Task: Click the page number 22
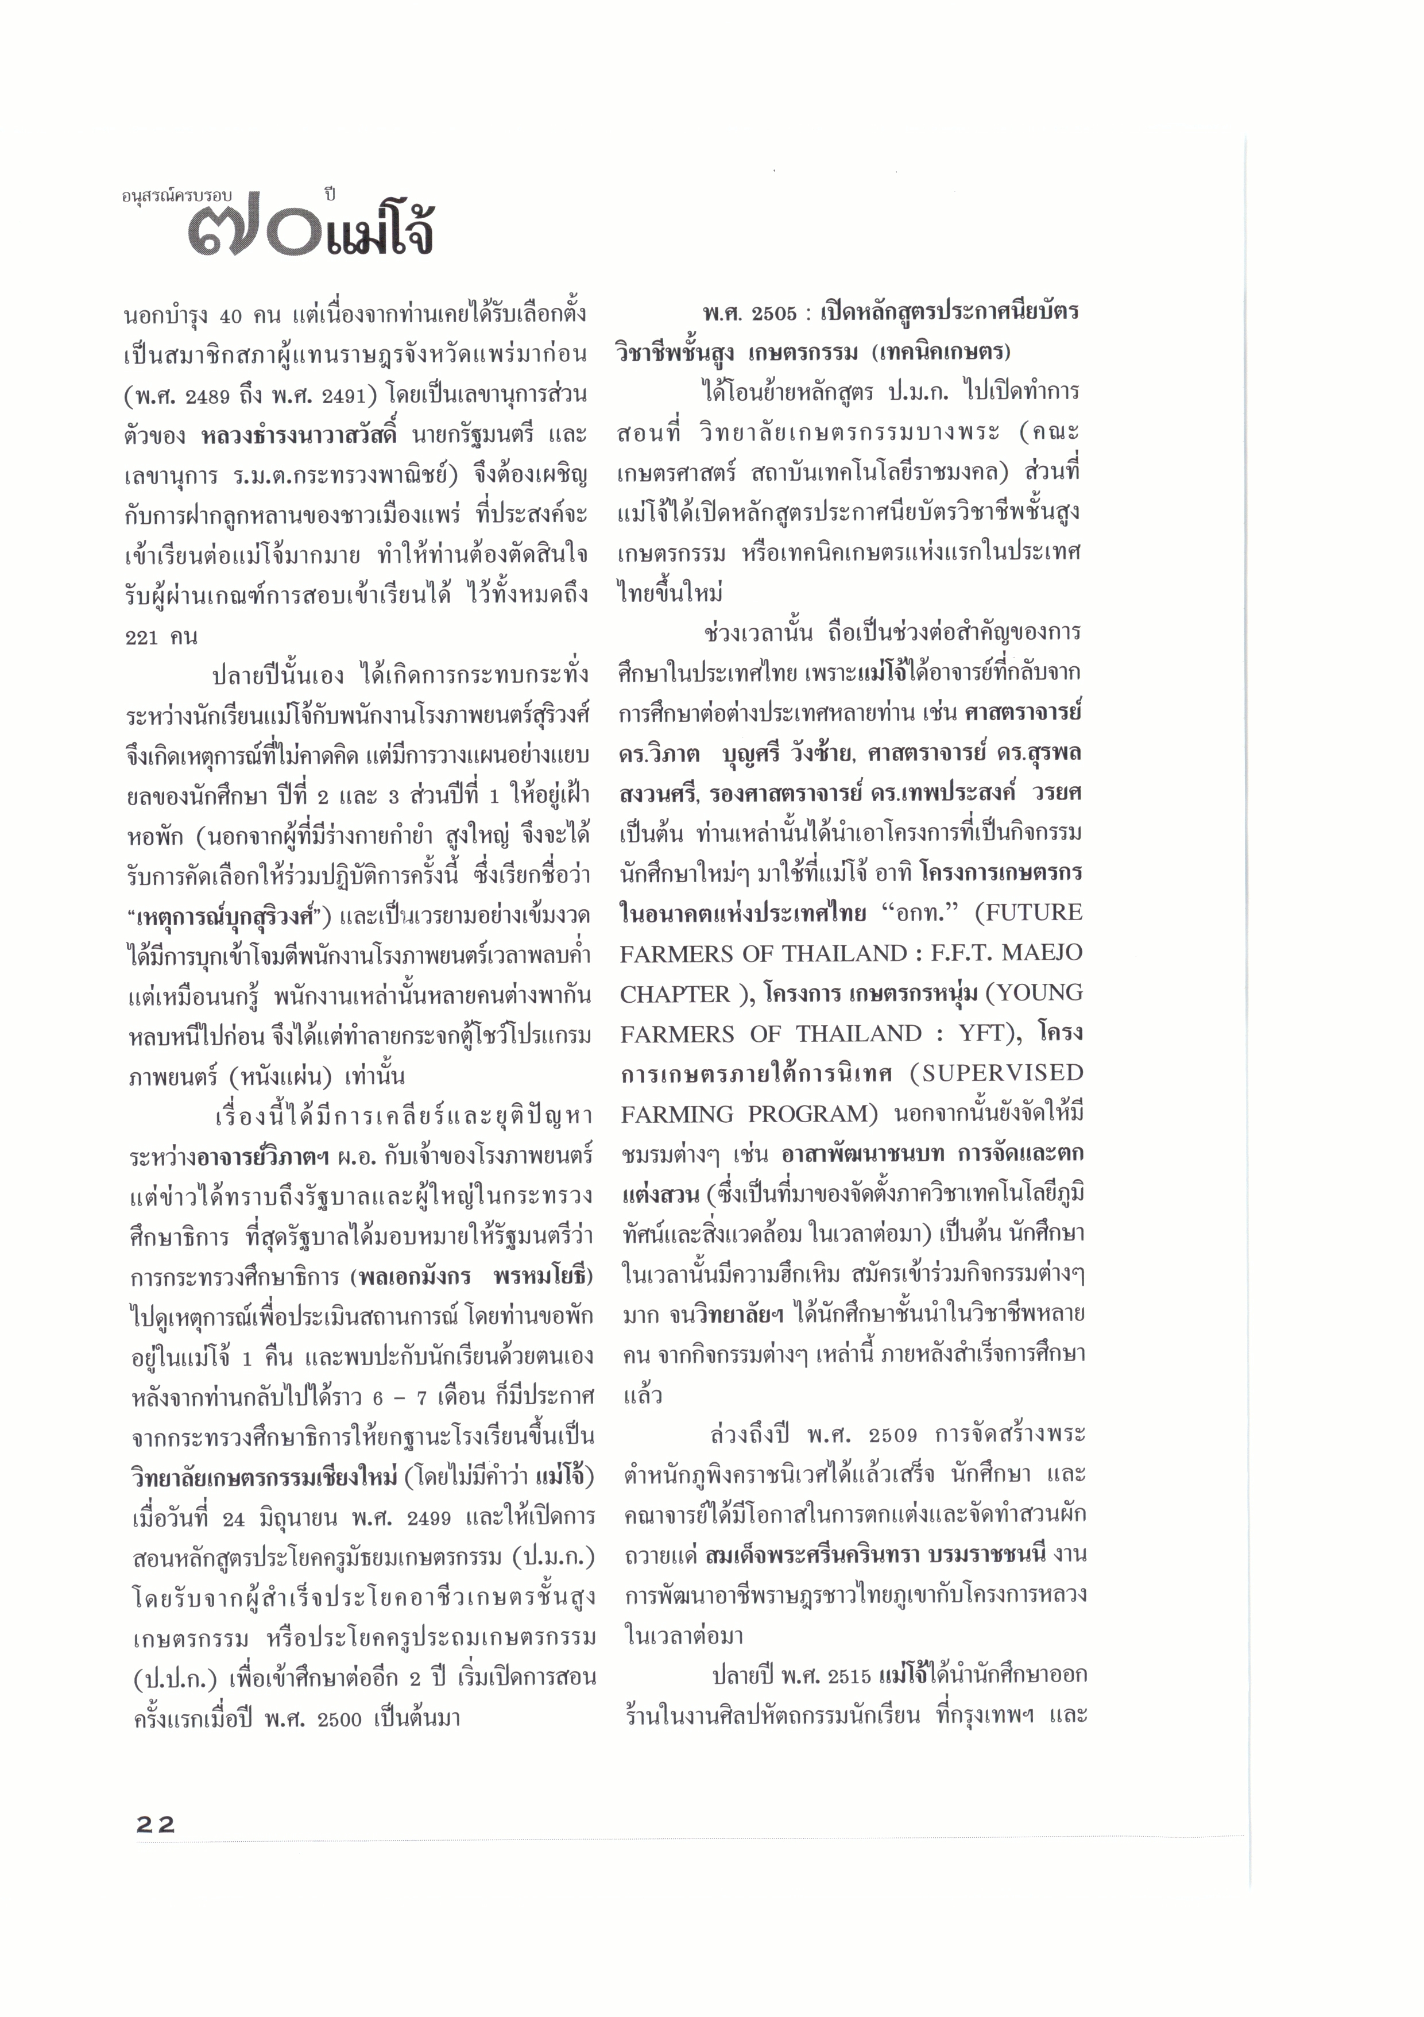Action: (x=156, y=1823)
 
